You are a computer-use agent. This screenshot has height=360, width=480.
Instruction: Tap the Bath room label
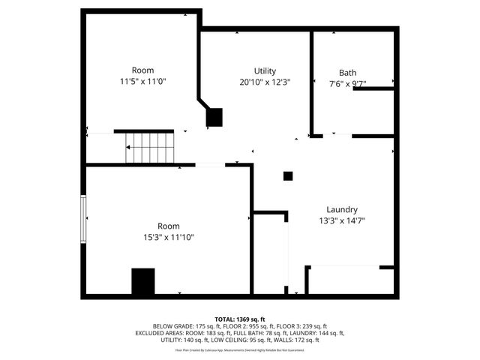347,73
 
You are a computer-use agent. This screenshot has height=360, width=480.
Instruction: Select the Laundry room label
341,210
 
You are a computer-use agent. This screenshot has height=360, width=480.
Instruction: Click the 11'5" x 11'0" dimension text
142,81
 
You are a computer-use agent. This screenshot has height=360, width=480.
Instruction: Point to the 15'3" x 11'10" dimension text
168,237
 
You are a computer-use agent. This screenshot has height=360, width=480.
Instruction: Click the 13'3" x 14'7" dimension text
341,220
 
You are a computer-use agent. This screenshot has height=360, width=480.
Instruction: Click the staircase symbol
150,148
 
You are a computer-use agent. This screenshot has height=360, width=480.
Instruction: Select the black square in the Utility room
214,118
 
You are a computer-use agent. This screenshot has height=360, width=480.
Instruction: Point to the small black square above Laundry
287,176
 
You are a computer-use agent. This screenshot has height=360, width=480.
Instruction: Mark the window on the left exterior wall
84,218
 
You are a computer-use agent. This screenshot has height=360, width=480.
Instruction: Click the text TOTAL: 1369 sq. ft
240,319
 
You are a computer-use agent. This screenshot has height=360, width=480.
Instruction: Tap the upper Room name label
142,70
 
